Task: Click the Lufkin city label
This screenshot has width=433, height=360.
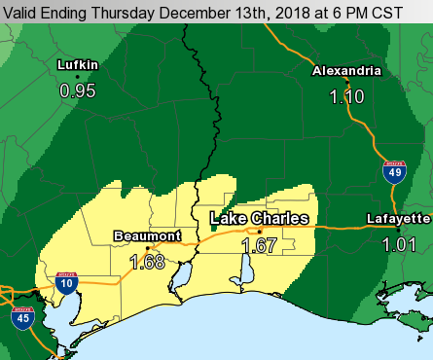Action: [x=78, y=65]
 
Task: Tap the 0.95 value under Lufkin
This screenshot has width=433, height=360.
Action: [x=78, y=90]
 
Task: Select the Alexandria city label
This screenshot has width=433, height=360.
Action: [x=344, y=72]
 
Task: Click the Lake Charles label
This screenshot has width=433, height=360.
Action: [x=260, y=219]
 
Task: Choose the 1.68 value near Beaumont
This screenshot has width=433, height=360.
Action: [x=147, y=261]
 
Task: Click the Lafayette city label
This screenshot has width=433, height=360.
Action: [x=399, y=218]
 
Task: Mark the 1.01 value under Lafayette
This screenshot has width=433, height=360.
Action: [x=399, y=243]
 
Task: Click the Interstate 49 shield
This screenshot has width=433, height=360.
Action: [x=391, y=172]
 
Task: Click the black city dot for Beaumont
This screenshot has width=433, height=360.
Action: [x=148, y=247]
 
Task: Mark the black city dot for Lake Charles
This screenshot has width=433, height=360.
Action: [x=260, y=232]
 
